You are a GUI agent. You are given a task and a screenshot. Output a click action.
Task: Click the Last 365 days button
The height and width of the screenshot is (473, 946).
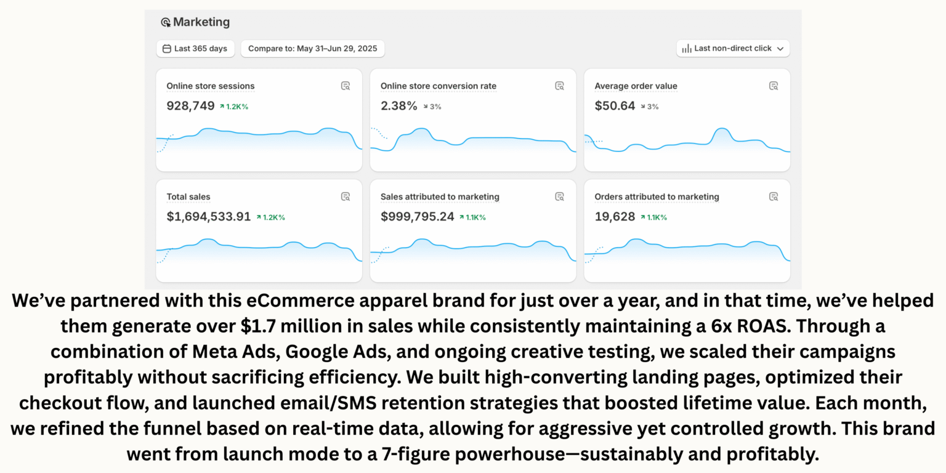pos(195,49)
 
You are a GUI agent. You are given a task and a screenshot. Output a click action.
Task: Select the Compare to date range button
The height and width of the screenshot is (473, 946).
pos(313,49)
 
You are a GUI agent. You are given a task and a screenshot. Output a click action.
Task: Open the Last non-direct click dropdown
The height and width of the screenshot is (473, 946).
pos(733,49)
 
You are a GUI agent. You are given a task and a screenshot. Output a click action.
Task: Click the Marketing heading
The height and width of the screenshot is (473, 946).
pos(201,22)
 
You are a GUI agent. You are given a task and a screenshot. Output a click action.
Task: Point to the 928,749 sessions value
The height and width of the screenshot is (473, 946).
pos(190,106)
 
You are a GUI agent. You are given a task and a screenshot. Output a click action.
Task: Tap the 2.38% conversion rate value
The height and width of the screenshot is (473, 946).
pos(398,106)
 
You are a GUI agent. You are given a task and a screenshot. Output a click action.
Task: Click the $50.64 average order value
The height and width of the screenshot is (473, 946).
pos(615,106)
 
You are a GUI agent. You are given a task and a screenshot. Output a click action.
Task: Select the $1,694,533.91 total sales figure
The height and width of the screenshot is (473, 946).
pos(209,217)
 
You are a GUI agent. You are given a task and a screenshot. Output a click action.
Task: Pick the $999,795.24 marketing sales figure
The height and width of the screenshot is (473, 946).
pos(417,217)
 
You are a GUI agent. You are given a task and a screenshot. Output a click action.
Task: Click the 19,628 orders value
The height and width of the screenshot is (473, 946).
pos(615,217)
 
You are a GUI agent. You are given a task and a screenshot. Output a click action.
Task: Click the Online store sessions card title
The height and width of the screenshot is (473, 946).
pos(210,86)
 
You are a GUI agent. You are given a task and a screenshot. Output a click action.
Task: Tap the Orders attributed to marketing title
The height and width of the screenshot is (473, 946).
pos(657,197)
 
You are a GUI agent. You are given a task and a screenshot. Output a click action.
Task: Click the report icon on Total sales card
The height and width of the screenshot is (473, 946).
pos(346,196)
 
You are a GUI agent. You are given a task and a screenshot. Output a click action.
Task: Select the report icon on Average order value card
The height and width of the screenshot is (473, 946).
pos(774,86)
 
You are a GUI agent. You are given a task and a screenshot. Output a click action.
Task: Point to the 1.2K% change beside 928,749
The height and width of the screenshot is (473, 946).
pos(234,107)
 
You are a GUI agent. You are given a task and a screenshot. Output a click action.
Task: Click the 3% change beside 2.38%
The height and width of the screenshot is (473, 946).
pos(432,107)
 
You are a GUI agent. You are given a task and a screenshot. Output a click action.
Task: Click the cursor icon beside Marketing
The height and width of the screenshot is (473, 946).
pos(166,23)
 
